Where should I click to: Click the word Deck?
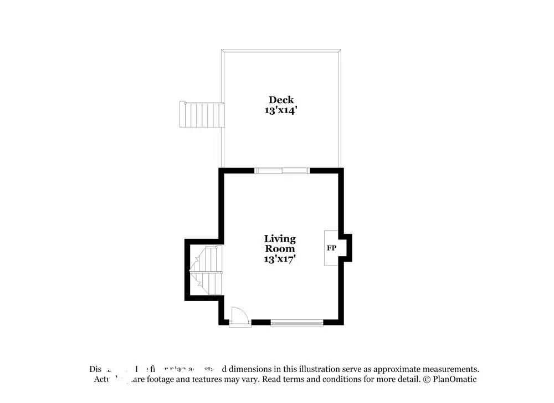point(281,100)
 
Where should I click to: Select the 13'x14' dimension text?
point(281,110)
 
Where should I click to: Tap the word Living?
point(280,239)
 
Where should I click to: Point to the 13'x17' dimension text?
point(280,259)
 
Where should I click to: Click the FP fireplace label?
point(331,248)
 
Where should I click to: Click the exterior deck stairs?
point(202,114)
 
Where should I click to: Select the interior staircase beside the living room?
point(206,272)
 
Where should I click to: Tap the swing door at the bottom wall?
point(240,317)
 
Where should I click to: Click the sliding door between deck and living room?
point(282,170)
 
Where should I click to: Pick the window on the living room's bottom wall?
point(296,322)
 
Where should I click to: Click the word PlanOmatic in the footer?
point(454,380)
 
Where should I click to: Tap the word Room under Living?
point(280,249)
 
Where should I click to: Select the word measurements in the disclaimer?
point(449,369)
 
